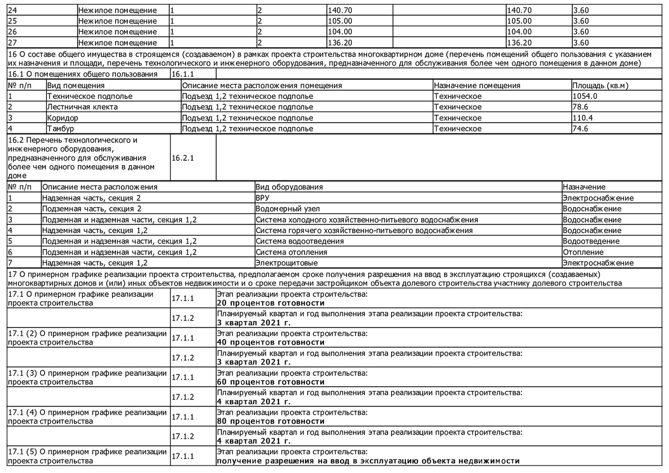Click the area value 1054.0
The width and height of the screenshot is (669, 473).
pos(585,96)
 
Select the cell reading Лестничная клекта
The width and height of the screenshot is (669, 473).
pos(83,107)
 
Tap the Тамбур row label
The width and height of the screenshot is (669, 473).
pos(61,129)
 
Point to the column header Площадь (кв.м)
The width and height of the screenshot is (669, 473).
pos(600,86)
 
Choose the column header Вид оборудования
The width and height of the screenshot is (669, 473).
pos(289,187)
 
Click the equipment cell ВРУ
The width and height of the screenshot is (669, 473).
pos(262,198)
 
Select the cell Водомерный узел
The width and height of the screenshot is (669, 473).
pos(288,209)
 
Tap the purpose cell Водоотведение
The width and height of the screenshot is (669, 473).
pos(591,241)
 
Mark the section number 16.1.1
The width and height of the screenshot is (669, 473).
pos(183,75)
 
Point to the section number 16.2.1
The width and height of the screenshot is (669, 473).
pos(183,158)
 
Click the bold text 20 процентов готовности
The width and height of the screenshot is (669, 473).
pos(271,303)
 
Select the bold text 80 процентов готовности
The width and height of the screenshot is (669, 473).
pos(271,422)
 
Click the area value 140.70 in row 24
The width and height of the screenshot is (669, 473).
pos(340,10)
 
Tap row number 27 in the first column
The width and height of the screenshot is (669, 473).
pos(12,43)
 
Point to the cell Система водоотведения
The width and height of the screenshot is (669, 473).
pos(300,241)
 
